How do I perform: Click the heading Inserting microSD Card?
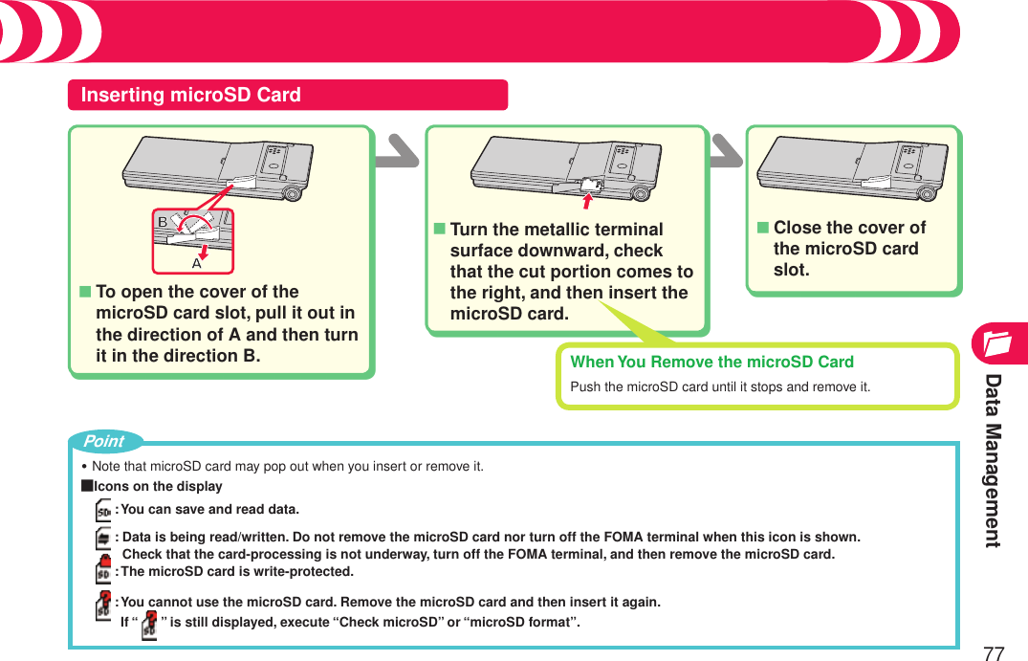191,95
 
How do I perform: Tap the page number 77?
994,653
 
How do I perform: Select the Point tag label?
103,441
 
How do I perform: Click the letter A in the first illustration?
196,262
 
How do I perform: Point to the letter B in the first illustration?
163,223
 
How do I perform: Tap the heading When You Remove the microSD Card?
711,362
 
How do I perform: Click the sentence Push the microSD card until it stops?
720,387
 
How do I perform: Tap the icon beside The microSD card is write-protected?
103,571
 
